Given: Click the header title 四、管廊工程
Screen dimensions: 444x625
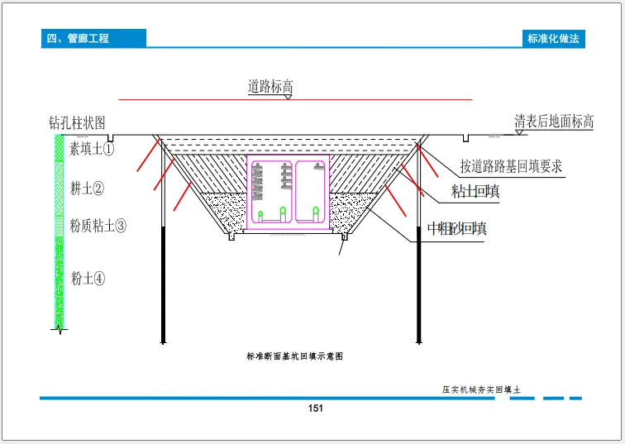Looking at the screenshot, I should (79, 38).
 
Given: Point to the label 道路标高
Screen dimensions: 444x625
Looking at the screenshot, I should (270, 86).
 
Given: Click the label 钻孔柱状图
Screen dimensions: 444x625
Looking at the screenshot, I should (78, 122).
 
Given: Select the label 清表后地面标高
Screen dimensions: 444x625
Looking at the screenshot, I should (554, 122).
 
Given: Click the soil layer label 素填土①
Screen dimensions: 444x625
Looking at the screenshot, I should (92, 150).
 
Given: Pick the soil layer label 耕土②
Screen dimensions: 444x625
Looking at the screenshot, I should (87, 189).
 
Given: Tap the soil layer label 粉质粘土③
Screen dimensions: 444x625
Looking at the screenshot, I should (98, 225).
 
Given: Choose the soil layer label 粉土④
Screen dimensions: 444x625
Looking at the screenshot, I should (88, 278).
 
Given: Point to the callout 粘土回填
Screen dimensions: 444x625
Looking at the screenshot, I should (475, 192).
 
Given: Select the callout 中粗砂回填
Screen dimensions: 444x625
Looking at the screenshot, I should (456, 229).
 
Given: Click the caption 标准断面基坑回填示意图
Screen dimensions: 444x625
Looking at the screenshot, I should (294, 356).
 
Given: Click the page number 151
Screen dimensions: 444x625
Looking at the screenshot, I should (314, 408).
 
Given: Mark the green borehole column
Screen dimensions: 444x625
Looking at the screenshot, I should (59, 232).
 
